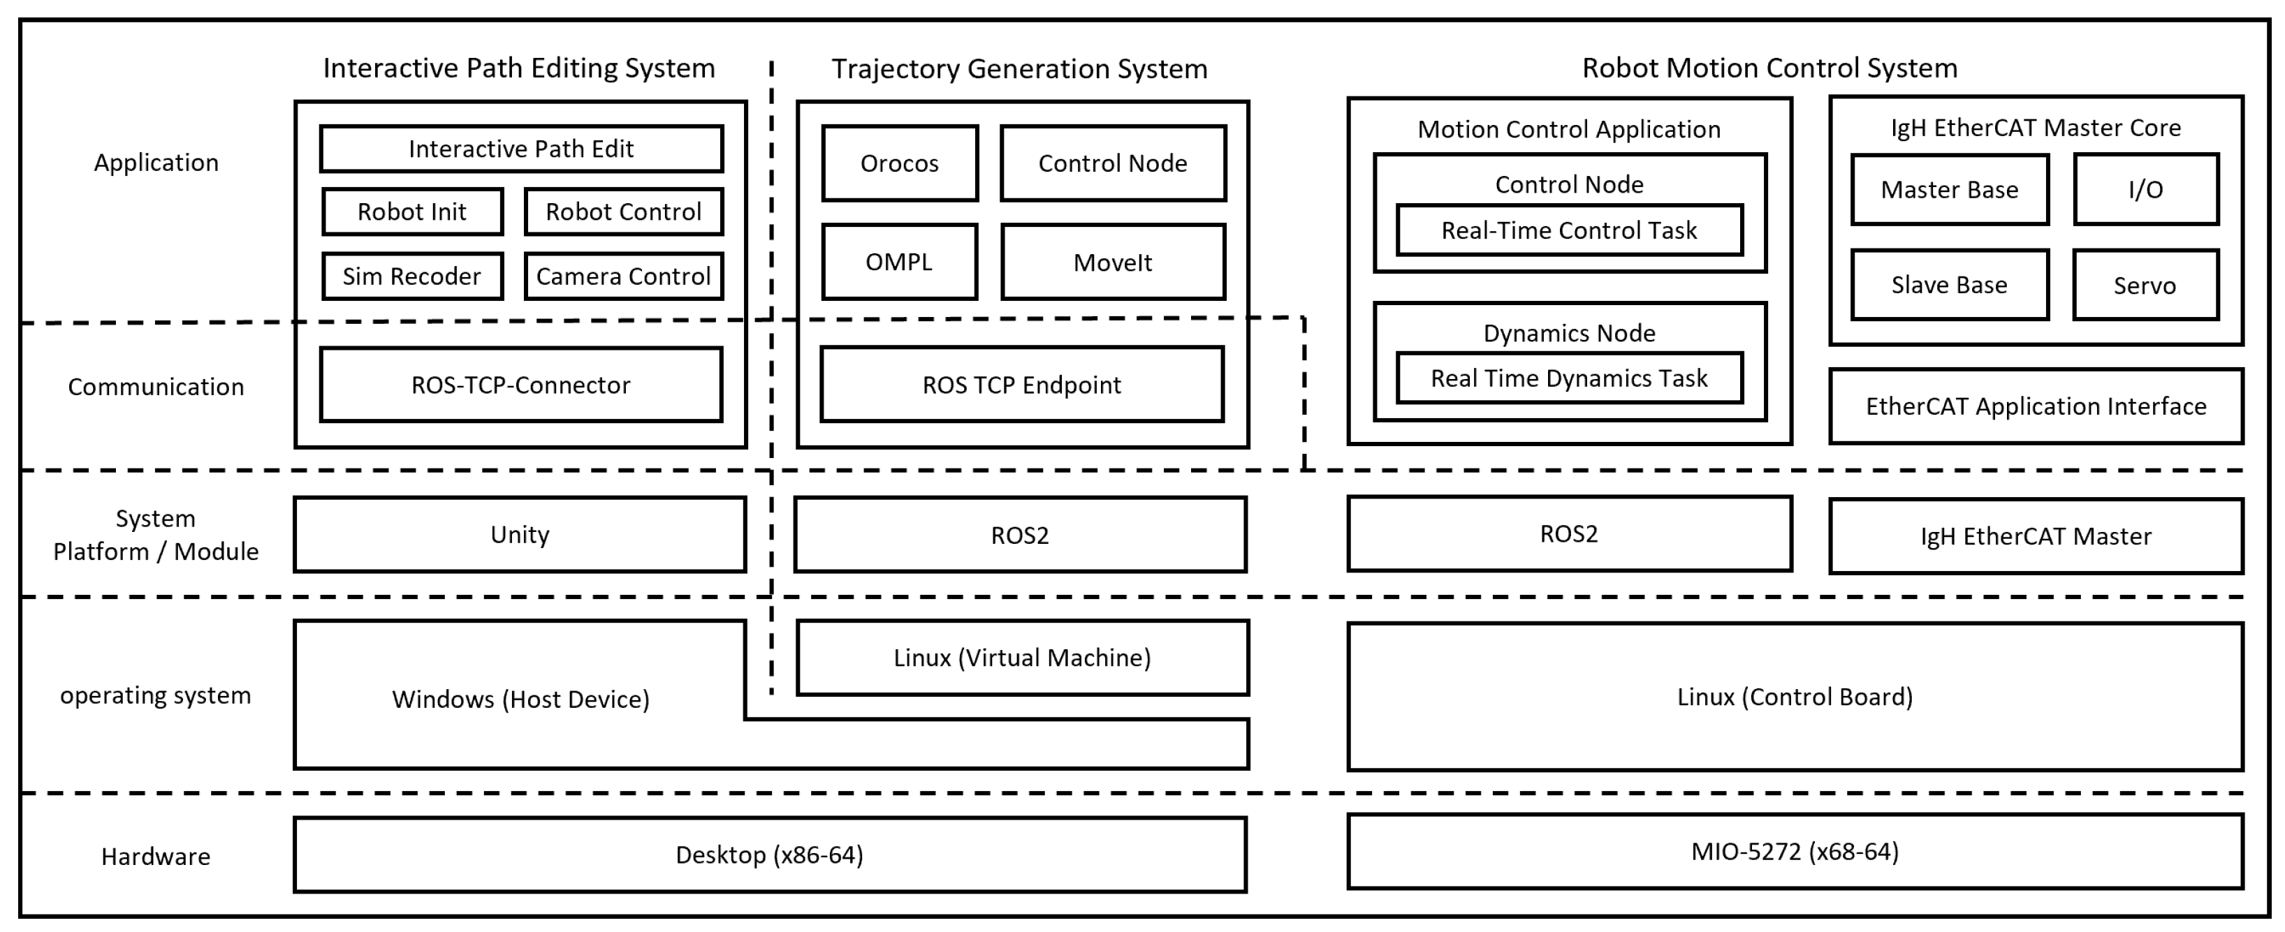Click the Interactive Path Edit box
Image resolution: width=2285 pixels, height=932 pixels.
[x=520, y=149]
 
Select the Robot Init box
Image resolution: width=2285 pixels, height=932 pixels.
[x=412, y=212]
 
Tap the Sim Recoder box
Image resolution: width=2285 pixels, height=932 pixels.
[x=412, y=276]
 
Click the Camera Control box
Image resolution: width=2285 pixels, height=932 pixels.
[x=624, y=276]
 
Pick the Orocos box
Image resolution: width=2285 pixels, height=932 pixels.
[x=900, y=163]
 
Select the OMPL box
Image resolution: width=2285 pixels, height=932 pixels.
[x=900, y=262]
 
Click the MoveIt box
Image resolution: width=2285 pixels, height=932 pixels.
[x=1114, y=262]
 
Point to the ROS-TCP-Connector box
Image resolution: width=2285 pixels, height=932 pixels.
[x=520, y=385]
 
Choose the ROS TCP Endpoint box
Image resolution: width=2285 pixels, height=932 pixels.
[x=1022, y=385]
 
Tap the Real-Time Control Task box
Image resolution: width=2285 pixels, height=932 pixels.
[x=1569, y=230]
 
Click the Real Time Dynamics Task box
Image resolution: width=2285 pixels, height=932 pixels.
[x=1569, y=378]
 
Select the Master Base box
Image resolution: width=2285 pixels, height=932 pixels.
[x=1950, y=190]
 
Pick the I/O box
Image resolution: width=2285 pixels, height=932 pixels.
[x=2146, y=190]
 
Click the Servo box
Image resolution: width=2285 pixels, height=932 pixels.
[x=2146, y=286]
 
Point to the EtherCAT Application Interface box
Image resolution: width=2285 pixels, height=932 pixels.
[x=2036, y=406]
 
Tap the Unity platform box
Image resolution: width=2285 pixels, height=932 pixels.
[x=520, y=535]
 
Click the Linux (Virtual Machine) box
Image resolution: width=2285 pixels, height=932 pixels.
[x=1022, y=658]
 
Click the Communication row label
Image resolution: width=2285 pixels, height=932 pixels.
[x=156, y=387]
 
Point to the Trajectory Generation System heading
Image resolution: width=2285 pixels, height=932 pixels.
[x=1019, y=69]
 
